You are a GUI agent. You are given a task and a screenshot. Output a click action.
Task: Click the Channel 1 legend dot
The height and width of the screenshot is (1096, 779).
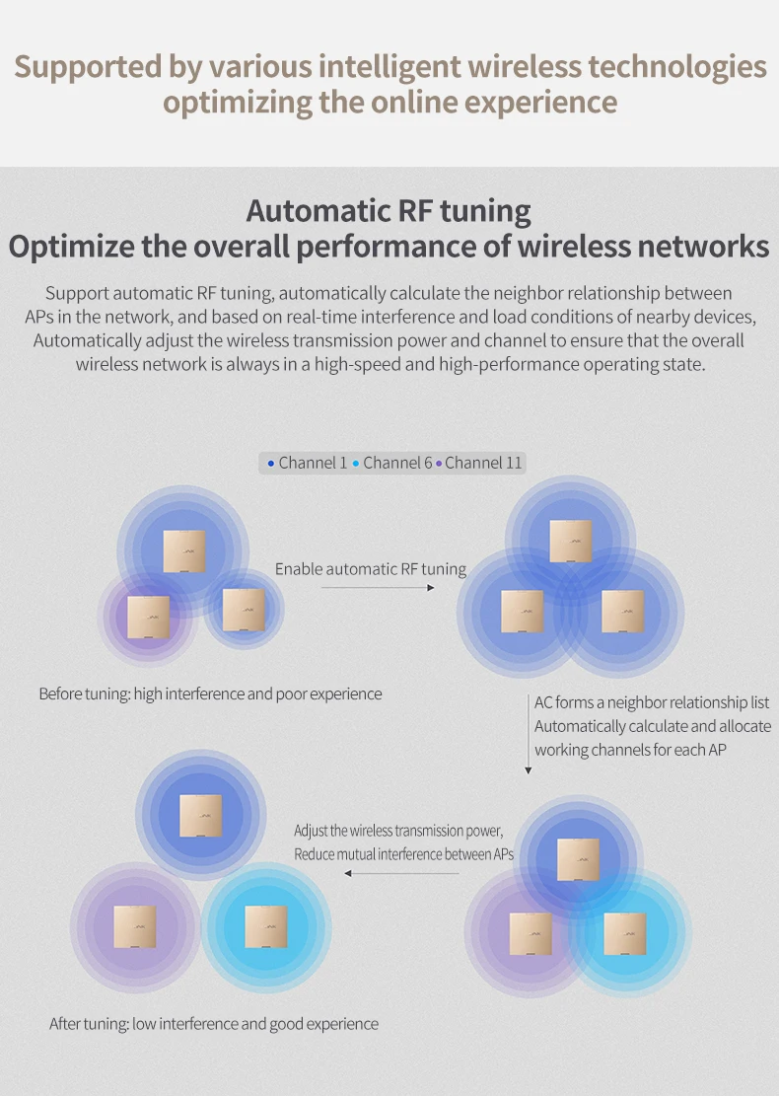point(271,463)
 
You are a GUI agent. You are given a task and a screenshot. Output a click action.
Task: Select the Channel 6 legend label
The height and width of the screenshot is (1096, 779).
point(397,463)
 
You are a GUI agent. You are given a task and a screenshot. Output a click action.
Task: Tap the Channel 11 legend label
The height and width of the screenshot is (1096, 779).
point(482,463)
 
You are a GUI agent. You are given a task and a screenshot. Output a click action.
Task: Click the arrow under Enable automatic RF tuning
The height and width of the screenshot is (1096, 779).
point(378,588)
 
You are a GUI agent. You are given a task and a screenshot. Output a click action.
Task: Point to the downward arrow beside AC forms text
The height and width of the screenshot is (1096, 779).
point(528,735)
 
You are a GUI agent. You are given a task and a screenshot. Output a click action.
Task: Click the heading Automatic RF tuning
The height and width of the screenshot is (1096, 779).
point(389,211)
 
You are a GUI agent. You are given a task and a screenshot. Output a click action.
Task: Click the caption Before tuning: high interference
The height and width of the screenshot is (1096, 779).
point(210,694)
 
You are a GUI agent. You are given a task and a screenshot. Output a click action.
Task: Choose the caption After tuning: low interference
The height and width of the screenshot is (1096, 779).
point(214,1023)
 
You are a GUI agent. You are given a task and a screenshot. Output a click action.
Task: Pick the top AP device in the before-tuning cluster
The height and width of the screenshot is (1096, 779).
point(184,551)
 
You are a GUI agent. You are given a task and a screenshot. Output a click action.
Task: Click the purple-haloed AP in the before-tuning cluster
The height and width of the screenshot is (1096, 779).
point(148,617)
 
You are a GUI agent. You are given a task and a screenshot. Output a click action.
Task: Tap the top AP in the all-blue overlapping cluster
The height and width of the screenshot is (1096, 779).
point(571,541)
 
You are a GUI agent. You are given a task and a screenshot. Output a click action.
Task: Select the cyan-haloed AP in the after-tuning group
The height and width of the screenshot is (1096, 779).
point(266,926)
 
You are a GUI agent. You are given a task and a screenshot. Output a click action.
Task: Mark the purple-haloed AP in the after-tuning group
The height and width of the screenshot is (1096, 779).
point(134,926)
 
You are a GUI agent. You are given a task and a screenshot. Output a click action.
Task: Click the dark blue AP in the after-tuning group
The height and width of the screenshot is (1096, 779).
point(200,815)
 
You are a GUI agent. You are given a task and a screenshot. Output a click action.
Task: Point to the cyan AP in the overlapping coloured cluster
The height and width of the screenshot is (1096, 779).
point(625,933)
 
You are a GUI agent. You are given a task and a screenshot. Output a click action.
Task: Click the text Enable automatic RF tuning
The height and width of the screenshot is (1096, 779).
point(371,568)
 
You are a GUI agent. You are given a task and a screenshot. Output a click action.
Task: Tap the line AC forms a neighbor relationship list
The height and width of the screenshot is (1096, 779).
point(652,702)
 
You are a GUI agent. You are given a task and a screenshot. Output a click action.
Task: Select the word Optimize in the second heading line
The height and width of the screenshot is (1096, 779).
point(70,246)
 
